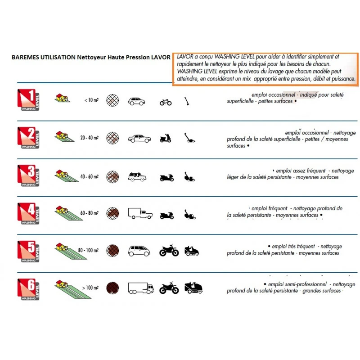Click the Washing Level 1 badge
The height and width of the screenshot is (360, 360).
pos(28,99)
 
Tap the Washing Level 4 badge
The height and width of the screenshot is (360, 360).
pos(28,213)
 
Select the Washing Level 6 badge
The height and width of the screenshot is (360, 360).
pos(28,289)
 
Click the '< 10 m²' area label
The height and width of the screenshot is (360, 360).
pos(91,100)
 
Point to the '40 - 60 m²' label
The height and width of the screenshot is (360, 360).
pos(90,176)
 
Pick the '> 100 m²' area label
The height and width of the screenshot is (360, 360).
pos(90,288)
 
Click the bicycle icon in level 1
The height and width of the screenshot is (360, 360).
pos(166,102)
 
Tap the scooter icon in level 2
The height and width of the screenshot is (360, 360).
pos(166,138)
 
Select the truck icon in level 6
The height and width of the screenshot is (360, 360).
pos(141,288)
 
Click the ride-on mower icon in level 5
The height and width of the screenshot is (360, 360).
pos(192,251)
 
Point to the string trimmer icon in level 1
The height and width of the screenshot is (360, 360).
pos(187,101)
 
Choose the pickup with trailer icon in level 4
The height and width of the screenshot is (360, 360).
pos(140,213)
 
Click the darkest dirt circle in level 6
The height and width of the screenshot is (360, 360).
pos(112,288)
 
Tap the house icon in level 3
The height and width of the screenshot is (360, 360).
pos(62,174)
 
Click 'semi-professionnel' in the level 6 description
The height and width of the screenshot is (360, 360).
pos(297,284)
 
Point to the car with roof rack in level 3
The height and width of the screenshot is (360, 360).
pos(137,177)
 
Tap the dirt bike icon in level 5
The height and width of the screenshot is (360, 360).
pos(169,250)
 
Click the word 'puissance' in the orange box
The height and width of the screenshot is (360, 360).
pos(342,79)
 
